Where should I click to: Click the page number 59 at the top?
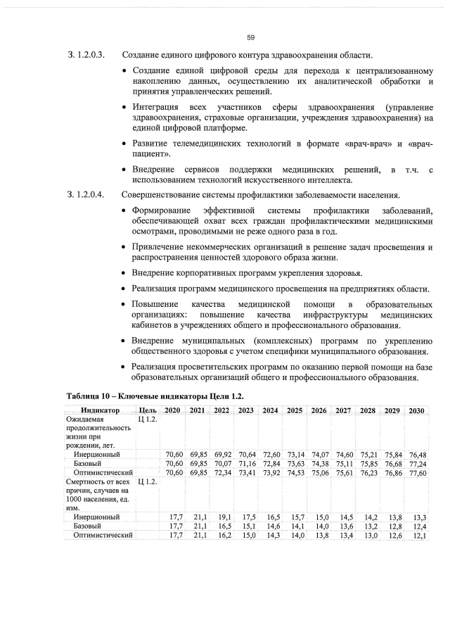250,38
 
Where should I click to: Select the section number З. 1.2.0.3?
85,55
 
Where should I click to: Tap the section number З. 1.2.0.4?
85,194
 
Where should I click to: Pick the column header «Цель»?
148,410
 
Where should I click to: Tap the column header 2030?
416,410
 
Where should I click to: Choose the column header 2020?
173,410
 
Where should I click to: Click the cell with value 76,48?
417,455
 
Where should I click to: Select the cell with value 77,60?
417,473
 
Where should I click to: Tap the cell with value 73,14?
295,455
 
